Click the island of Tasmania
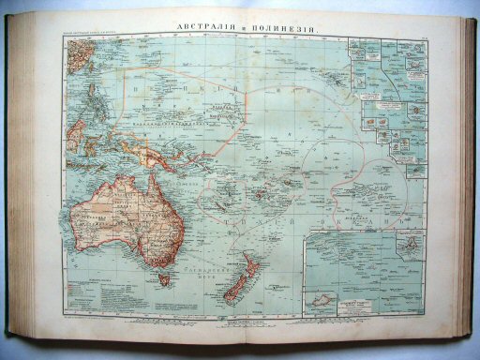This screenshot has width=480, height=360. pos(164,278)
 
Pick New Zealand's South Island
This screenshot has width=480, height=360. pos(233,286)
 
